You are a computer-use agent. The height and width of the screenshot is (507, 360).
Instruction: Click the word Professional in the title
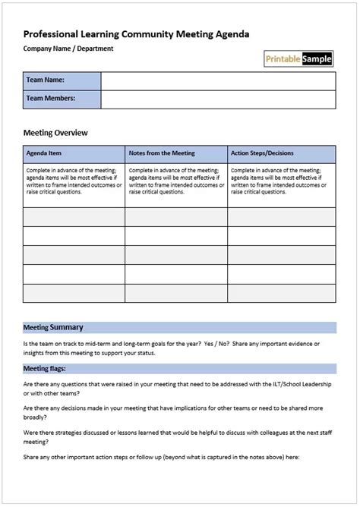[52, 34]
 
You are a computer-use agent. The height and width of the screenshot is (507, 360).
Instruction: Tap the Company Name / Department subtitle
[68, 49]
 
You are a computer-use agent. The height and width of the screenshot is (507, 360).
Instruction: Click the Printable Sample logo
[298, 58]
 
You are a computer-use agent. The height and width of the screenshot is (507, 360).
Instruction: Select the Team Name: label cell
[62, 80]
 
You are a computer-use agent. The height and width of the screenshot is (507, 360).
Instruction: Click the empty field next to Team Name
[217, 80]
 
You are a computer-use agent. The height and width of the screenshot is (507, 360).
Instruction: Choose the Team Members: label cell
[62, 99]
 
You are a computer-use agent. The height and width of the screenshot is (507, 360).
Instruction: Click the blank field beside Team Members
[217, 99]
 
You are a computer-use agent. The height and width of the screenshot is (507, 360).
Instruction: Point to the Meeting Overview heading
[56, 133]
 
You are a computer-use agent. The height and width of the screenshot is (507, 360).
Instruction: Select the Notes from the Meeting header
[162, 153]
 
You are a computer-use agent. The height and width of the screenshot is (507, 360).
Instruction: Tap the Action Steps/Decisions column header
[261, 153]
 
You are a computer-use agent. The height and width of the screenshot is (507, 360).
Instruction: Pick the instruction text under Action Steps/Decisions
[280, 181]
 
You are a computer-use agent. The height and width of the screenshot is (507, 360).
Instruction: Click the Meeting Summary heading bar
[179, 328]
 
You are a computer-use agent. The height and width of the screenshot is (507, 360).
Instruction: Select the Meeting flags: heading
[46, 368]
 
